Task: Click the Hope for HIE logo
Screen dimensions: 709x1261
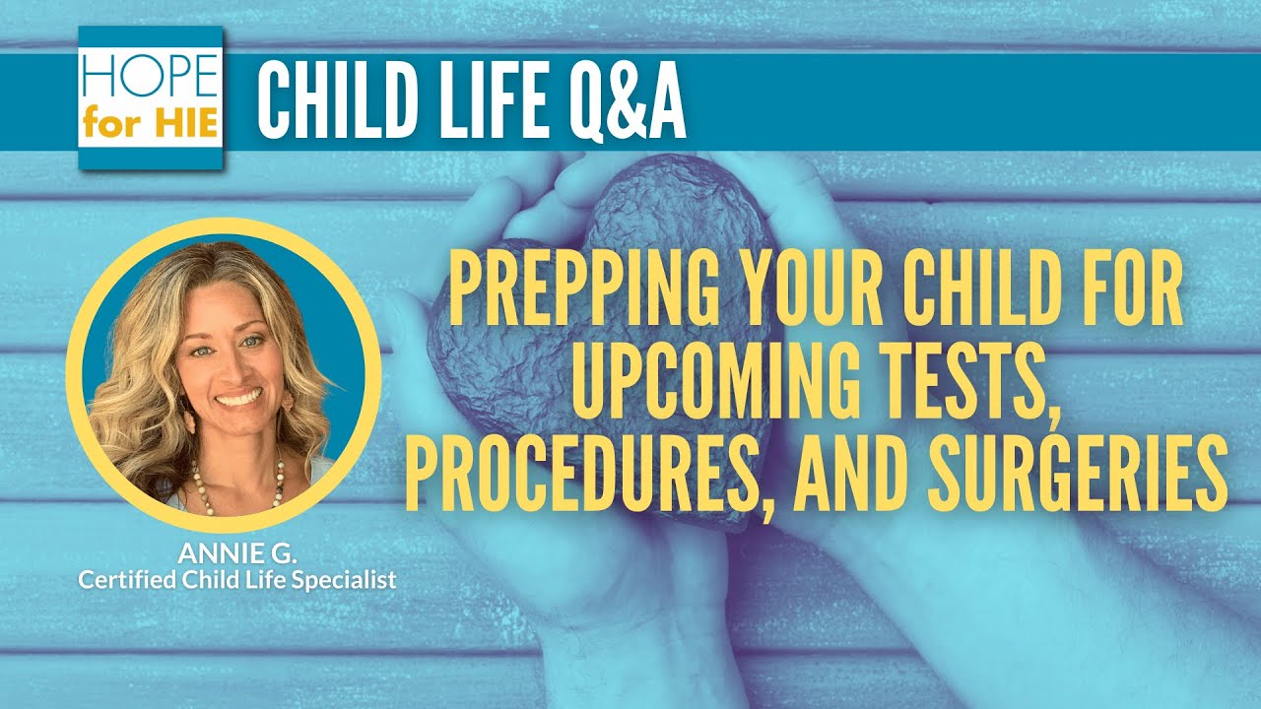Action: click(150, 97)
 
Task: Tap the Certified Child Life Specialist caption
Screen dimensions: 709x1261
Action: click(237, 580)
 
